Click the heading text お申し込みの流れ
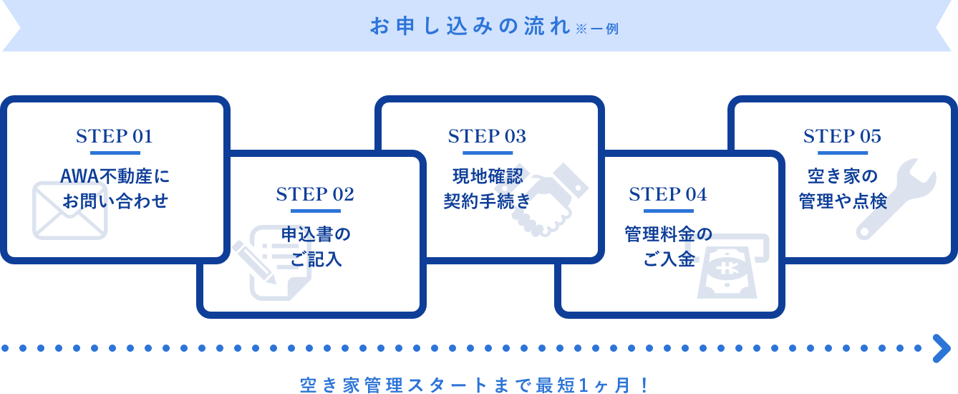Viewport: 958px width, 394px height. pos(470,27)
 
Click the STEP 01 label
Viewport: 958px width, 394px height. pos(115,136)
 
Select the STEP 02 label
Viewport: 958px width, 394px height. pos(315,194)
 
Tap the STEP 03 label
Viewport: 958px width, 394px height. pos(487,136)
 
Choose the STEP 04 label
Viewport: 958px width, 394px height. pos(668,194)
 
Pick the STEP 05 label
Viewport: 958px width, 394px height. pos(842,136)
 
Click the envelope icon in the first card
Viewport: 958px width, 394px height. pos(69,211)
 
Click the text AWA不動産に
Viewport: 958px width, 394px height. pos(115,176)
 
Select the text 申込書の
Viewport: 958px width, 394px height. pos(315,234)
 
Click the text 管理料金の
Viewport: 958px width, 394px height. pos(668,234)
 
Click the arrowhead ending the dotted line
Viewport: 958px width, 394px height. pos(941,348)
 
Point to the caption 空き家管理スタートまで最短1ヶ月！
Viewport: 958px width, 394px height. pos(475,385)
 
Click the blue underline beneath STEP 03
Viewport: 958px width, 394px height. pos(487,153)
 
